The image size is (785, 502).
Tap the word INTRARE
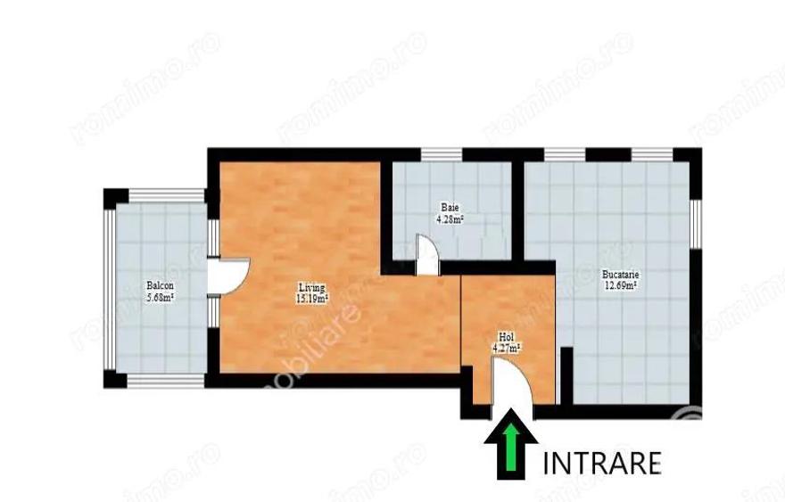coord(602,463)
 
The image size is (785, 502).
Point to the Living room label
coord(311,287)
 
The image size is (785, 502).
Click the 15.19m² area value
coord(311,299)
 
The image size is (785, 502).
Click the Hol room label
coord(507,337)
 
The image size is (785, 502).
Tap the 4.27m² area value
coord(507,349)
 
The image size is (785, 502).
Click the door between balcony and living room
coord(227,275)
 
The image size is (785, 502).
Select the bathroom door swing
coord(426,254)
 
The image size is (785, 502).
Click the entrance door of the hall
coord(513,392)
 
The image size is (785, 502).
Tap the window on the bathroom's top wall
coord(442,154)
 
